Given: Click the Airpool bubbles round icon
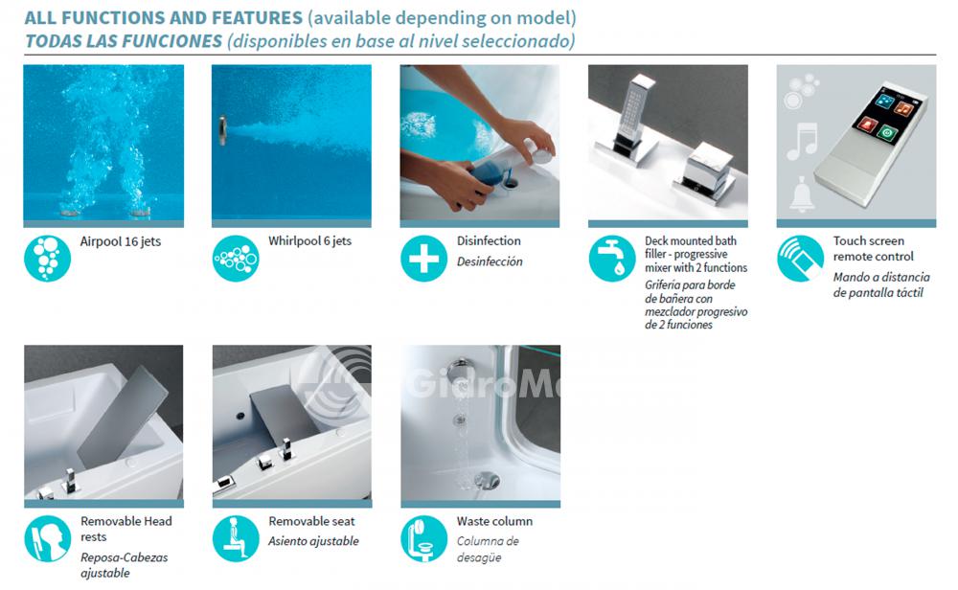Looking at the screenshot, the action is coord(48,259).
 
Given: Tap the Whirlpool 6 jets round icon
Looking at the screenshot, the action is coord(236,259).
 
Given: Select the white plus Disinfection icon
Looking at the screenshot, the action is coord(424,259).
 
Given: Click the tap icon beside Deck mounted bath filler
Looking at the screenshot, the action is coord(612,259).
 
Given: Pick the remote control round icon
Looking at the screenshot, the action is coord(800,259).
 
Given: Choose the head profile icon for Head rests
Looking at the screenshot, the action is coord(48,538).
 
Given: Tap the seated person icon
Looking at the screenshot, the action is coord(236,538).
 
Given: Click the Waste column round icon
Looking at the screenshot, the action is coord(424,538).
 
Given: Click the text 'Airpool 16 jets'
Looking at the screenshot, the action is coord(121,242).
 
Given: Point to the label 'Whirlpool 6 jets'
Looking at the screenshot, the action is coord(309,241).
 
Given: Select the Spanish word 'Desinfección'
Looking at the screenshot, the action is coord(490,261).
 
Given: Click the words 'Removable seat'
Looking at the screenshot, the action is coord(311,521).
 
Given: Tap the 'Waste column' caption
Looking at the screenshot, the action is coord(494,521).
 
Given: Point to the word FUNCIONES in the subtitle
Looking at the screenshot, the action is coord(171,41).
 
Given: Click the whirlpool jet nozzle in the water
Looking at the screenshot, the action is coord(223,129).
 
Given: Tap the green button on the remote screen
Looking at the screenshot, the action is coord(886,132).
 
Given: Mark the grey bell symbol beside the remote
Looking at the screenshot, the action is coord(802,194).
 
